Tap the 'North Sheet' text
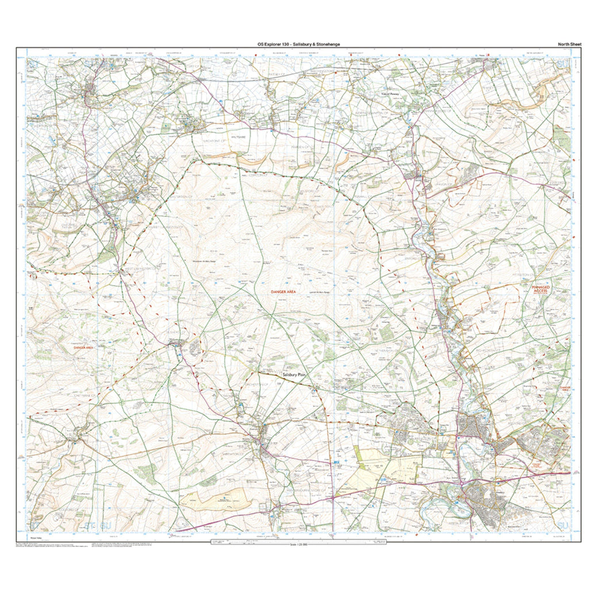point(569,44)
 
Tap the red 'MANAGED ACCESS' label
point(541,289)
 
